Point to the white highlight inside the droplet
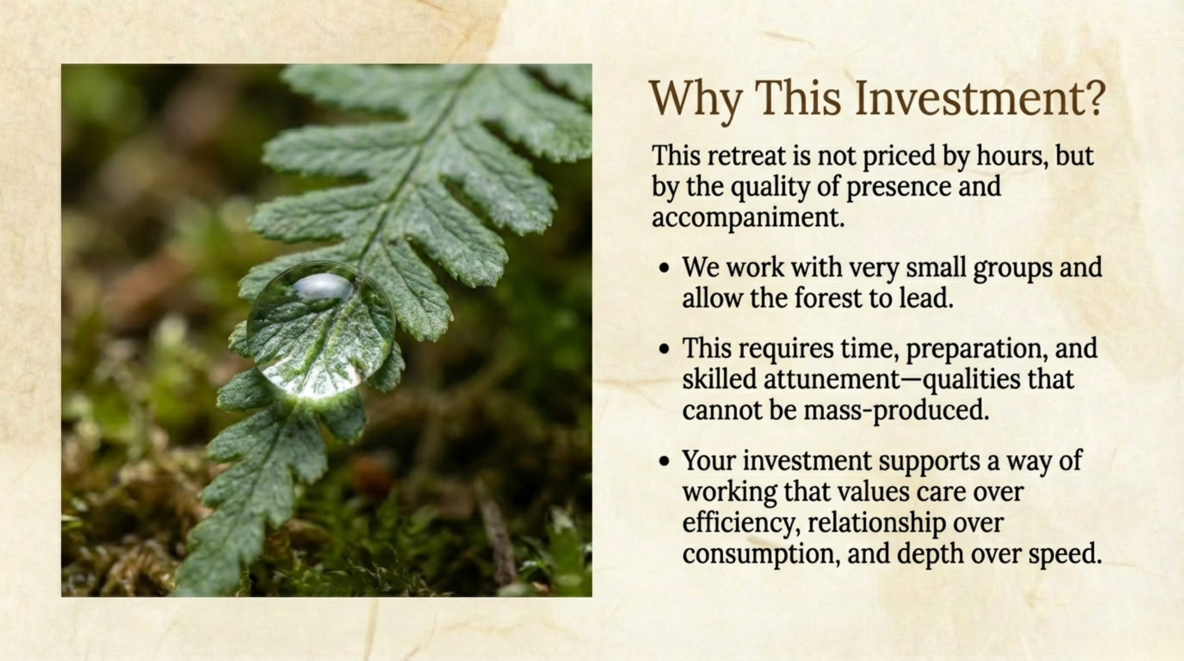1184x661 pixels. click(x=322, y=285)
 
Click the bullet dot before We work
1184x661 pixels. click(x=665, y=268)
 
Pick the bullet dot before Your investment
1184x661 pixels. click(x=665, y=462)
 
